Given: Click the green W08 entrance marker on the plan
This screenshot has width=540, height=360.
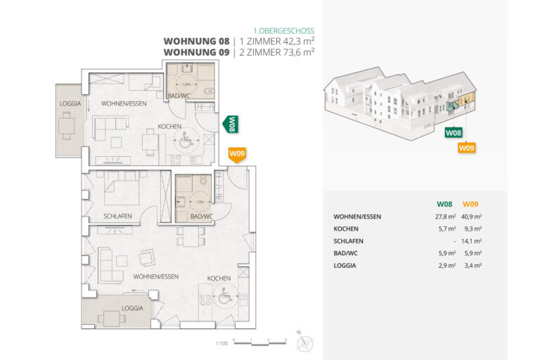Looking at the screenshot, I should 230,124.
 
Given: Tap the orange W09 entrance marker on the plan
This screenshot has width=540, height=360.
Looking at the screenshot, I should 236,154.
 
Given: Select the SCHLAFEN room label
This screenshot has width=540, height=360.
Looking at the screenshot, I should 117,217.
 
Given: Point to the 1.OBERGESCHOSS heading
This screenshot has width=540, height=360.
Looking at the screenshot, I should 283,31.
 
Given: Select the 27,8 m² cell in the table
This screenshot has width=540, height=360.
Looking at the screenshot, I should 445,217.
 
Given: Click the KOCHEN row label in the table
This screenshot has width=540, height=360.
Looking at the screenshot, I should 346,229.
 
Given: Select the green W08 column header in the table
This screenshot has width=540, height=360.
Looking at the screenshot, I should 446,205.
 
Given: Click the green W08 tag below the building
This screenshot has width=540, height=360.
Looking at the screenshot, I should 454,132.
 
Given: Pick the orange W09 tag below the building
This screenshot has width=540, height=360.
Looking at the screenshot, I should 466,148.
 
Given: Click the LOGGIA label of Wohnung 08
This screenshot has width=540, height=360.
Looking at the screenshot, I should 71,103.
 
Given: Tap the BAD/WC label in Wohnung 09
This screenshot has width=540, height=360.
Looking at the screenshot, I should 201,216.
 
